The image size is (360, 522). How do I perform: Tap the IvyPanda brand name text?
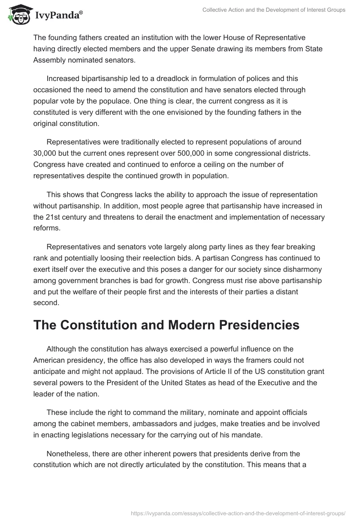(x=58, y=16)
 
